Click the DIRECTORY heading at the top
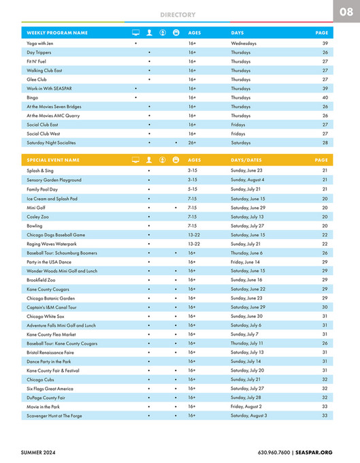[178, 14]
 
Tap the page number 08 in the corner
[346, 12]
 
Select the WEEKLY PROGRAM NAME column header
[57, 33]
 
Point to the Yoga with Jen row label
[41, 43]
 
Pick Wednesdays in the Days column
[244, 43]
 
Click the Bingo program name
[33, 97]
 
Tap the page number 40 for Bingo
[325, 97]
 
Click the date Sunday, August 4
[248, 180]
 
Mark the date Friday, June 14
[246, 262]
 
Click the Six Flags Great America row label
[50, 388]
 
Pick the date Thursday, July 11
[248, 343]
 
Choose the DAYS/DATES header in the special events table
[246, 160]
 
